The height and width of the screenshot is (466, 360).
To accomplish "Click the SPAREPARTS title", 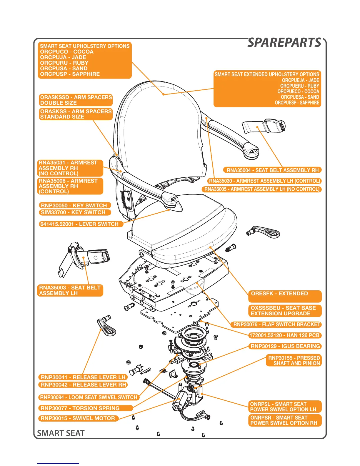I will tap(284, 43).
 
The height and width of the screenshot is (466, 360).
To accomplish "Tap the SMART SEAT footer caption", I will tap(61, 433).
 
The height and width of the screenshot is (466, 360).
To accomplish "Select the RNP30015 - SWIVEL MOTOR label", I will tap(78, 418).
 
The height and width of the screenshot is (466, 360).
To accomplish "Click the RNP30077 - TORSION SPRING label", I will tap(80, 408).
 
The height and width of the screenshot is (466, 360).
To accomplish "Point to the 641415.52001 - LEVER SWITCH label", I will tap(79, 224).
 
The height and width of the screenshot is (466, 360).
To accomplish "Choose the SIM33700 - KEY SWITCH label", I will tap(73, 212).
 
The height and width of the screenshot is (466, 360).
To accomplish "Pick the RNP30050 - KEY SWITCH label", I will tap(74, 205).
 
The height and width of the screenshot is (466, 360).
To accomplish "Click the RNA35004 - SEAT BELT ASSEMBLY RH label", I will tap(273, 170).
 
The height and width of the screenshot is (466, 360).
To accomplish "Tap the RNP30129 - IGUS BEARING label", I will tap(285, 346).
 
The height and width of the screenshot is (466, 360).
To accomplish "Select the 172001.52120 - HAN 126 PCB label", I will tap(284, 335).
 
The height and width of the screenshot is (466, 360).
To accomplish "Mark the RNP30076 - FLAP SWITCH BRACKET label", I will tap(276, 324).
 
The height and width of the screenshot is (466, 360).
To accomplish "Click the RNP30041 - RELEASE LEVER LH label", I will tap(83, 377).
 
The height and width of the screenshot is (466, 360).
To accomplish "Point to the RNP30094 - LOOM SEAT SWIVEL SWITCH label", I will tap(89, 397).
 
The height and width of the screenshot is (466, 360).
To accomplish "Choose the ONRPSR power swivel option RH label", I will tap(284, 420).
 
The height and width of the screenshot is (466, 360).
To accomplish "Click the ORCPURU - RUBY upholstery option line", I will tap(64, 63).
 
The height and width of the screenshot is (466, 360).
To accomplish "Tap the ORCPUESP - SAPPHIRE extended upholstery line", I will tap(297, 103).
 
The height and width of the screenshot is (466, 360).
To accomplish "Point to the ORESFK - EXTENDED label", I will tap(279, 294).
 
